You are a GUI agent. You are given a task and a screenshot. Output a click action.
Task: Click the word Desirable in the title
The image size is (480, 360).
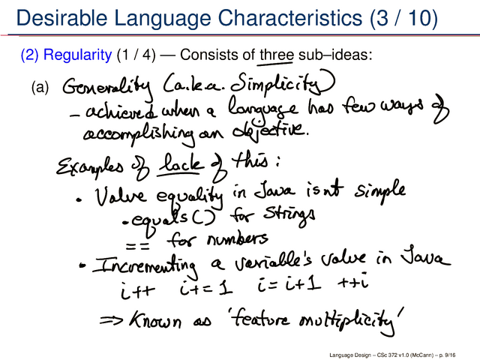click(x=61, y=18)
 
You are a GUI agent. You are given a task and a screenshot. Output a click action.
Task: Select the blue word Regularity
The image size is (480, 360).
click(x=77, y=55)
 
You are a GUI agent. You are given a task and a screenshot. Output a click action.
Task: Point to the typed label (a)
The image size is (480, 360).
click(x=40, y=88)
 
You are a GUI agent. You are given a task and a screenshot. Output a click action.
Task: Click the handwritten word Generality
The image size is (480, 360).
click(x=106, y=87)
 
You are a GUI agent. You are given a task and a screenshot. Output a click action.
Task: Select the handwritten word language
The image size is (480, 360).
click(x=262, y=109)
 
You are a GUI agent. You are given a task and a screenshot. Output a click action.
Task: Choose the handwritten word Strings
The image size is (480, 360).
click(x=289, y=216)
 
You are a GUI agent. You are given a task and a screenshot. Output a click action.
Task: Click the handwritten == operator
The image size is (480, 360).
click(x=138, y=246)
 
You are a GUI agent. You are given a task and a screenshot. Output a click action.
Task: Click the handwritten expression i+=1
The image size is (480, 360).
click(x=205, y=288)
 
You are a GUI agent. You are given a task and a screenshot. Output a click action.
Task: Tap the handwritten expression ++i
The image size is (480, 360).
click(x=352, y=281)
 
